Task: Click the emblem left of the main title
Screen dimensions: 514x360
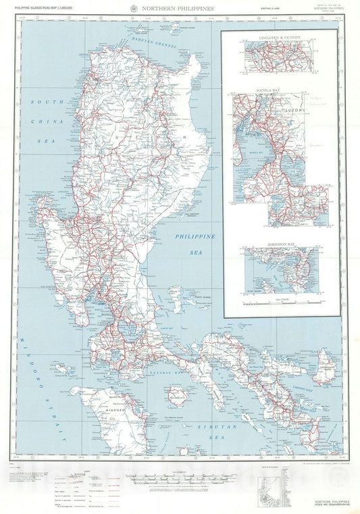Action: coord(138,7)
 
